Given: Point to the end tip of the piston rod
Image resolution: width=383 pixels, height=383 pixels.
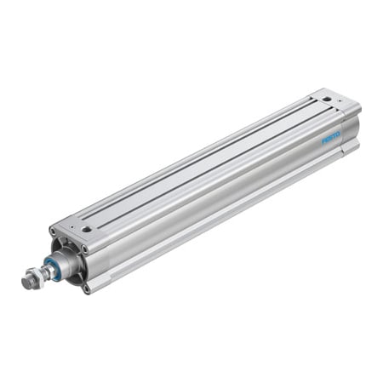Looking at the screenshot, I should pyautogui.click(x=26, y=281).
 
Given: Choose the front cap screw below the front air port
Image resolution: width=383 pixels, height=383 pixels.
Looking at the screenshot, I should pyautogui.click(x=83, y=249).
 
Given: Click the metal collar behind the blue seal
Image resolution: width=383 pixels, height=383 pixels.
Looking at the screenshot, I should pyautogui.click(x=67, y=261).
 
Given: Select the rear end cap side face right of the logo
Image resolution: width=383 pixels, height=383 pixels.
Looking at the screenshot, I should pyautogui.click(x=352, y=128).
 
